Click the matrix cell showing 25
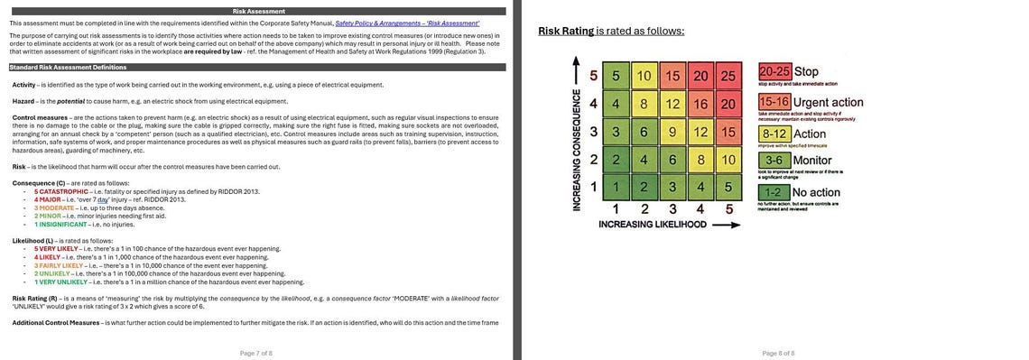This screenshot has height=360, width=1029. [728, 76]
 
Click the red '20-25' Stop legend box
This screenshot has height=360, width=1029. [775, 72]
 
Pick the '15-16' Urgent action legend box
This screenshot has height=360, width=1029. [775, 103]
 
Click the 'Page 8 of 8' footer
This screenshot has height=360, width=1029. [777, 352]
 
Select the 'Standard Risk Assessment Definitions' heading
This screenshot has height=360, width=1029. [68, 67]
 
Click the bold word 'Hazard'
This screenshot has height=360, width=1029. [23, 101]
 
